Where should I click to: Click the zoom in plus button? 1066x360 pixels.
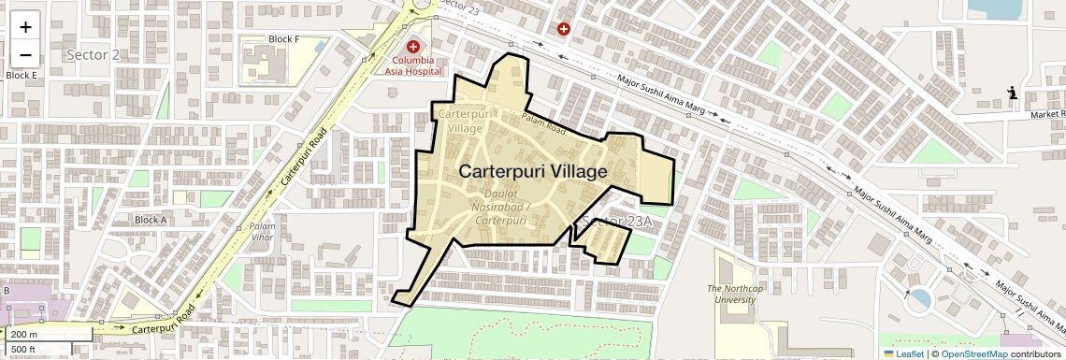pyautogui.click(x=25, y=27)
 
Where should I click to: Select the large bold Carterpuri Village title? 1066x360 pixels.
pyautogui.click(x=533, y=172)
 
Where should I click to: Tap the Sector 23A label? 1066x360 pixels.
pyautogui.click(x=614, y=221)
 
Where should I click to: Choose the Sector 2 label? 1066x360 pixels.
pyautogui.click(x=94, y=54)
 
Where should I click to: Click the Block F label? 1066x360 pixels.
pyautogui.click(x=283, y=39)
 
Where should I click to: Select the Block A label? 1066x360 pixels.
pyautogui.click(x=151, y=220)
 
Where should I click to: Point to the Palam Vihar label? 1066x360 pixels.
pyautogui.click(x=262, y=232)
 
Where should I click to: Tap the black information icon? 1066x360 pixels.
pyautogui.click(x=1013, y=93)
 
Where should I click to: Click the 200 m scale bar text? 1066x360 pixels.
pyautogui.click(x=25, y=334)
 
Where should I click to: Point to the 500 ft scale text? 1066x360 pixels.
pyautogui.click(x=23, y=350)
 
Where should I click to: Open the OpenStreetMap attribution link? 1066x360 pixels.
pyautogui.click(x=973, y=353)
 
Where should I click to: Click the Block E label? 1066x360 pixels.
pyautogui.click(x=21, y=75)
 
